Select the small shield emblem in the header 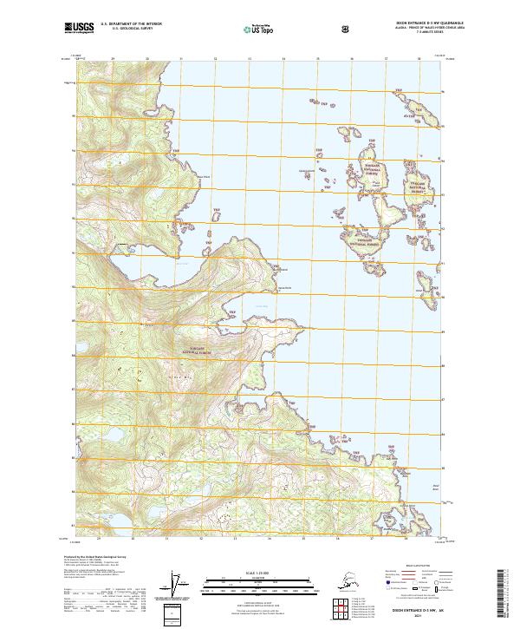[x=347, y=29]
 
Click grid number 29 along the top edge [x=113, y=59]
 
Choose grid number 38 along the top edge [x=419, y=59]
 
